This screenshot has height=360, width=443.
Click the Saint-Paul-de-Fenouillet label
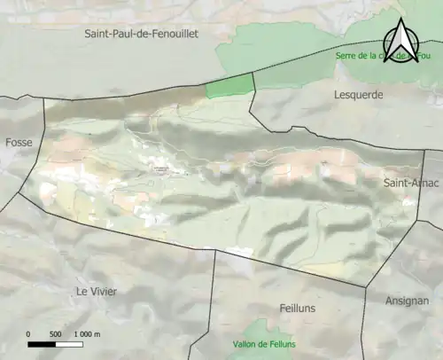141,34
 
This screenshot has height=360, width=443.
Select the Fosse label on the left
18,142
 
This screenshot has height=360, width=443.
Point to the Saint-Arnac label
408,183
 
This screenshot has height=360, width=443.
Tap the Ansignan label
407,301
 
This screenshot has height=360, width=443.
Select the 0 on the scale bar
28,334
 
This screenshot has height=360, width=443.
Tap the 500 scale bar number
55,334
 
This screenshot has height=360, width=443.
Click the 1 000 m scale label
86,334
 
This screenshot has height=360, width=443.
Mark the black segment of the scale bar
42,344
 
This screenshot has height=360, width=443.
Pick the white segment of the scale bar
69,344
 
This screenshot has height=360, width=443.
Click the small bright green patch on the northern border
229,86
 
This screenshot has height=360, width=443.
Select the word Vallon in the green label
225,344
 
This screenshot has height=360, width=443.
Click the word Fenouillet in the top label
173,34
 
